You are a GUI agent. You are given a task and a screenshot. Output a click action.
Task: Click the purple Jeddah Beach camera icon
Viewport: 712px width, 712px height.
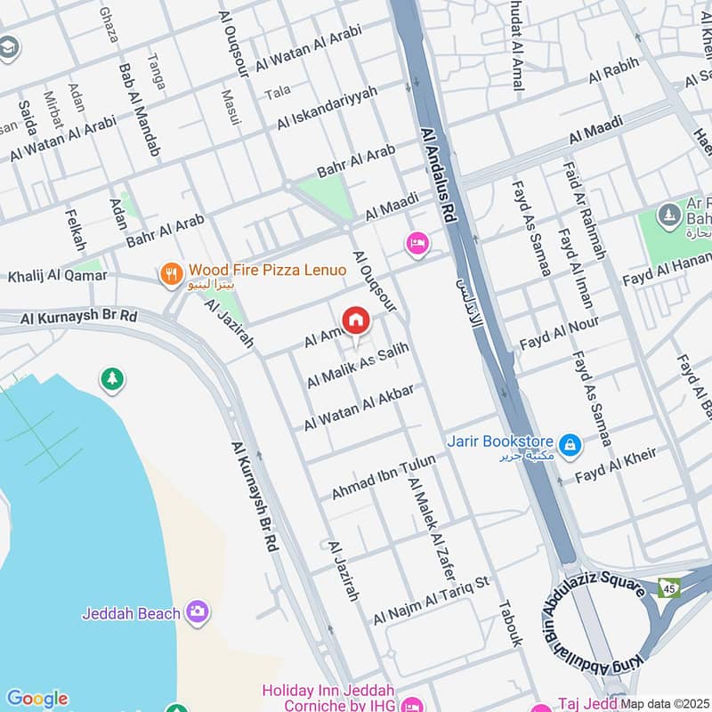pos(198,611)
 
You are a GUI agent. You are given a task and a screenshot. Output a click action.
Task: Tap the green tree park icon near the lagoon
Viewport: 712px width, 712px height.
pos(112,379)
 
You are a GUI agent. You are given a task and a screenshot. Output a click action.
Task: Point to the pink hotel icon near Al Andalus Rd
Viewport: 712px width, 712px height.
pos(416,242)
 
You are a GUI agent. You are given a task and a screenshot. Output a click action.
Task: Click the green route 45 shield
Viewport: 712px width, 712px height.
pos(668,587)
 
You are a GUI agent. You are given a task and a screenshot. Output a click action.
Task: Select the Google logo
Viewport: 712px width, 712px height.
pos(36,699)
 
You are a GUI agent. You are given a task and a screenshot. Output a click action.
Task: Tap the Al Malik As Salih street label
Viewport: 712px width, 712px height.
pos(358,366)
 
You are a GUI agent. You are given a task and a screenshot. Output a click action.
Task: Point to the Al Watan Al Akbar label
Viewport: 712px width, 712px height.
pos(360,409)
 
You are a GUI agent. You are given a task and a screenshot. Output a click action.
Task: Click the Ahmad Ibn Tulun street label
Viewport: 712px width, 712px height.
pos(384,476)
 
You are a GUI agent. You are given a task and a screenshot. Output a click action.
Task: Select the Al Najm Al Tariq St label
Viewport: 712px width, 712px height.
pos(433,599)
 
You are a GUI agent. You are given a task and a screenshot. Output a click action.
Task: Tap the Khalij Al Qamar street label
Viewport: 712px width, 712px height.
pos(57,276)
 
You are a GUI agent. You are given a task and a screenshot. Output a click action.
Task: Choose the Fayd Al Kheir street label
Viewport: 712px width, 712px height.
pos(616,465)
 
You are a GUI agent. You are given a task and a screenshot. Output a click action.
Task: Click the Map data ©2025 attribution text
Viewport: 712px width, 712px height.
pos(664,703)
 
